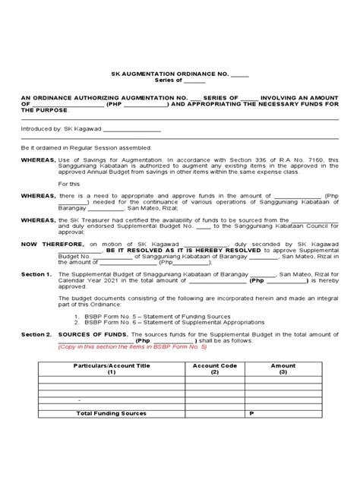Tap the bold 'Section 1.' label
pos(36,273)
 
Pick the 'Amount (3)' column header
pos(283,368)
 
